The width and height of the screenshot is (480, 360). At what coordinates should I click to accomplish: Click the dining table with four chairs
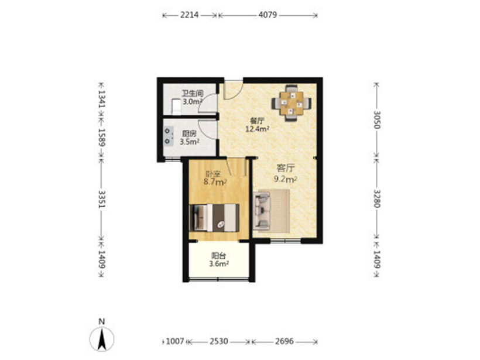tap(292, 103)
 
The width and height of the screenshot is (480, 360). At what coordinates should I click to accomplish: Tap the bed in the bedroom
tap(214, 218)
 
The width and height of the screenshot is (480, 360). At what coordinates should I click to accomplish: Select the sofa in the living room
tap(262, 211)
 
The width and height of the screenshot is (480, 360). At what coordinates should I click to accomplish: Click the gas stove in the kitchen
tap(168, 136)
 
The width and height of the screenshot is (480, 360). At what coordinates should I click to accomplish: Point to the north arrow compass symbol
tap(102, 338)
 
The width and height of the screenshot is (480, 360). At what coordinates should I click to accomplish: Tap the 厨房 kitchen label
tap(189, 134)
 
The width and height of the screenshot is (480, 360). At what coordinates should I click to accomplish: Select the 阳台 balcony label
tap(219, 256)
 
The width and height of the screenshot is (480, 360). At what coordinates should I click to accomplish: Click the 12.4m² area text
tap(257, 129)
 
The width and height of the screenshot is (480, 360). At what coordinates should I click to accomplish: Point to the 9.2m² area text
tap(285, 179)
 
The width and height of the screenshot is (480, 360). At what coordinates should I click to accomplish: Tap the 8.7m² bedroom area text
tap(215, 182)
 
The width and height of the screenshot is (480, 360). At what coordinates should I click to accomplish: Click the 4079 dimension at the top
tap(268, 15)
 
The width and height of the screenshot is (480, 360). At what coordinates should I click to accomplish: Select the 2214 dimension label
tap(189, 15)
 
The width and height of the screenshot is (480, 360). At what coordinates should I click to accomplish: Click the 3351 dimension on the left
tap(101, 199)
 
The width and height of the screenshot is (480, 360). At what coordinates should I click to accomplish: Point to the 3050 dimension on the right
tap(377, 119)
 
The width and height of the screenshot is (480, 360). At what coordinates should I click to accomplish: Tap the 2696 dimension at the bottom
tap(284, 341)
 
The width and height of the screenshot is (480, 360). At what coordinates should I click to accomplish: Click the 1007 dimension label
tap(175, 341)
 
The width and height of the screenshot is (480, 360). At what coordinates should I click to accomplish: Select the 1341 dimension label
tap(101, 98)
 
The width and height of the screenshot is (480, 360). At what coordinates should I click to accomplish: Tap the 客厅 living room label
tap(285, 168)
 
